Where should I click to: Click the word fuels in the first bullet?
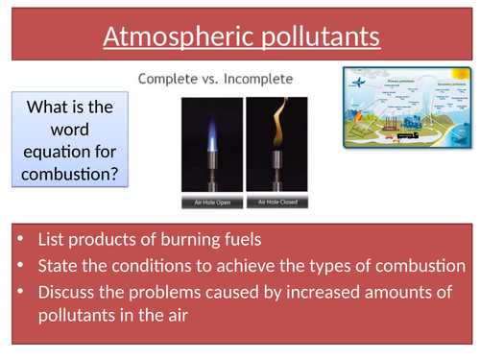click(259, 237)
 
